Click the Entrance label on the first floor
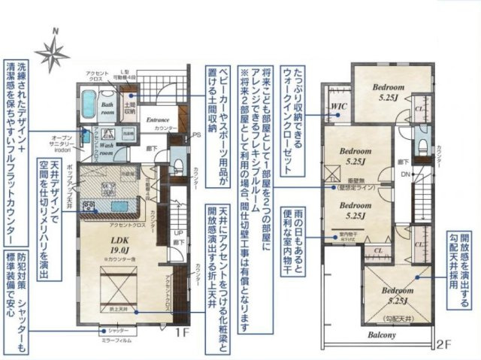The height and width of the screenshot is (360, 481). (157, 120)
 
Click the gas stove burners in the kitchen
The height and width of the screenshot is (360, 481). (87, 205)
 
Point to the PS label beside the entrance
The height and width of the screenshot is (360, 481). (196, 135)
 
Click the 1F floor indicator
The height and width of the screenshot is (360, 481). (183, 330)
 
